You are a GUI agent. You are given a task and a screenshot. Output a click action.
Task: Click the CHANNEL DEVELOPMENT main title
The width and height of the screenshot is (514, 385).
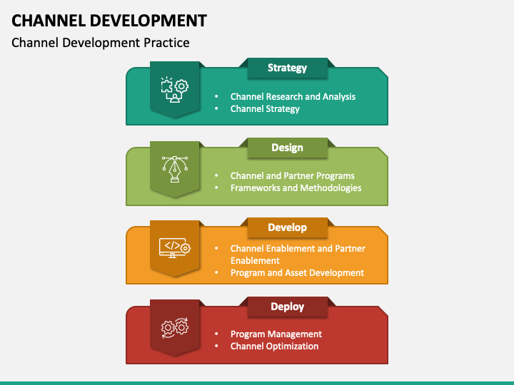point(109,19)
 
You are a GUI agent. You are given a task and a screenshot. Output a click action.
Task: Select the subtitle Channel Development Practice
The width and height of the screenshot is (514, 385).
point(101,43)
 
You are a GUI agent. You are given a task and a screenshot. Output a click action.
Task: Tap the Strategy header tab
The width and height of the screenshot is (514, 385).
point(287,68)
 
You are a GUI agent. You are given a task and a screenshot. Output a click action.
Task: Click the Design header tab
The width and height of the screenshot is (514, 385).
point(287,148)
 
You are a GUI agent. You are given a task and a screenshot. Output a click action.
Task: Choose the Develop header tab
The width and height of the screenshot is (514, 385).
point(287,227)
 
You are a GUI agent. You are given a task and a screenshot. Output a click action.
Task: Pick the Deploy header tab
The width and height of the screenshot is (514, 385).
point(287,307)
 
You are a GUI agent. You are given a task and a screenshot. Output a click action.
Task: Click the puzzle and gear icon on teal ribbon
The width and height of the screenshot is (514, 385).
point(174,89)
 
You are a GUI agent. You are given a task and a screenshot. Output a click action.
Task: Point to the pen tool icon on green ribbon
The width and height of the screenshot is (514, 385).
point(174,169)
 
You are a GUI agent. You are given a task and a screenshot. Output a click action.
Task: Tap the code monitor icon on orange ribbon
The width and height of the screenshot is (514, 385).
point(174,247)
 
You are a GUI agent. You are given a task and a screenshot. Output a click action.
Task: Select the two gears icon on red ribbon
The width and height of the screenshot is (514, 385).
point(174,327)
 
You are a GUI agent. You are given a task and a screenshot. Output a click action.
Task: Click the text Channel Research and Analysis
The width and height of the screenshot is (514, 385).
point(293,96)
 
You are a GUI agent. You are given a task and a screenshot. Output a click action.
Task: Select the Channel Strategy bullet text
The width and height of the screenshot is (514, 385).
point(265,109)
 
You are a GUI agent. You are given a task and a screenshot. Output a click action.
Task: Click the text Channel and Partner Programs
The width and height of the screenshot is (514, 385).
point(292,175)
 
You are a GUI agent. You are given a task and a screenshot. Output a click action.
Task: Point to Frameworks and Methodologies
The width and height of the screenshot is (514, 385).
point(296,188)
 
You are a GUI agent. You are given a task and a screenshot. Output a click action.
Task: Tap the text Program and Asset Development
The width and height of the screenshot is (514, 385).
point(297,272)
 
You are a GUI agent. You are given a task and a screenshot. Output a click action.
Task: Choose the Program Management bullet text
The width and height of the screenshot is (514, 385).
point(276,334)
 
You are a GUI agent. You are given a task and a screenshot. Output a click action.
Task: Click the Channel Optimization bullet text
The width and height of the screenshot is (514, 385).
point(274,346)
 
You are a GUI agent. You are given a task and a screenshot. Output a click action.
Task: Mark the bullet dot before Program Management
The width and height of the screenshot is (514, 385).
point(216,334)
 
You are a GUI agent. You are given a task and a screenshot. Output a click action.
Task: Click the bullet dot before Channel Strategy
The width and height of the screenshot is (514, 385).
point(216,109)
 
